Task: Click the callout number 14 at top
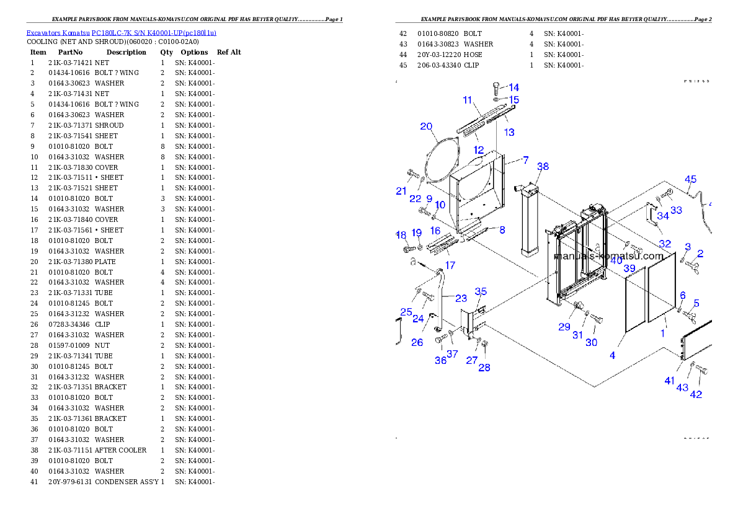coord(513,88)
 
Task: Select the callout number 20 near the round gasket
coord(425,126)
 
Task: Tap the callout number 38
coord(543,167)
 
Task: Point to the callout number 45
coord(690,180)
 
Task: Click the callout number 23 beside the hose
coord(461,298)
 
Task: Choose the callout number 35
coord(481,292)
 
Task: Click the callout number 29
coord(564,327)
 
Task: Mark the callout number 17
coord(450,265)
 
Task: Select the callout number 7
coord(525,160)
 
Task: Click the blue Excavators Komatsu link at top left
coord(121,33)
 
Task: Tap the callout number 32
coord(665,244)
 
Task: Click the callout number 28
coord(484,368)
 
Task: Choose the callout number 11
coord(468,100)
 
